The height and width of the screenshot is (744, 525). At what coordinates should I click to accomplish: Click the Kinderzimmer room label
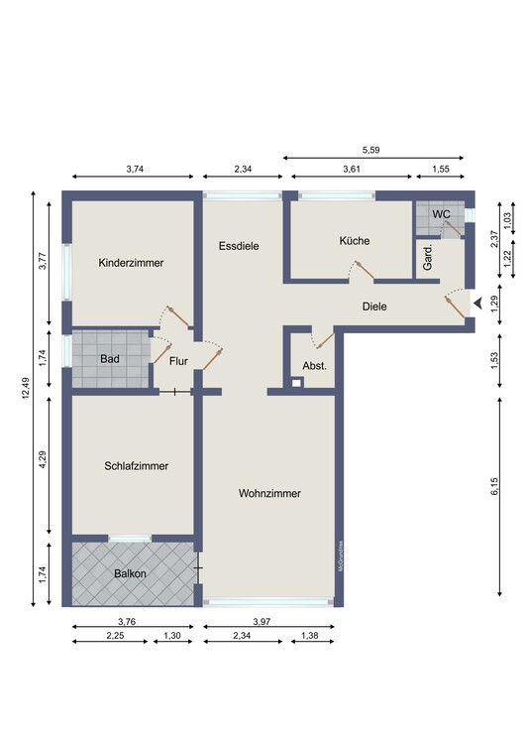pos(131,263)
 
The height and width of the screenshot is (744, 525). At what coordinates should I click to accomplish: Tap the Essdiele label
pos(239,246)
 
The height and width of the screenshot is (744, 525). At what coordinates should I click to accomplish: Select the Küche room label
pos(355,241)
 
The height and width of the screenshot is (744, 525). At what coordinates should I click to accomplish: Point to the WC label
pos(441,214)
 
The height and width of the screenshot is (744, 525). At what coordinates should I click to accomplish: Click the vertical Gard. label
pos(427,258)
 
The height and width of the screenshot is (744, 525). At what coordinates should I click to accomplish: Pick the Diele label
pos(374,307)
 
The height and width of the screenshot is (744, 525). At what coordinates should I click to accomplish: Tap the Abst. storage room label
pos(315,366)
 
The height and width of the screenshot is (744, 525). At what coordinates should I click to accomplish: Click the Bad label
pos(109,359)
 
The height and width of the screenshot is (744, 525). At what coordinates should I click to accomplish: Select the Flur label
pos(178,361)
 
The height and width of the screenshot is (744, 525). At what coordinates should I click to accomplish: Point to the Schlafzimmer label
pos(137,466)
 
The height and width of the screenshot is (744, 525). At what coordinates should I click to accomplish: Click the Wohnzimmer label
pos(269,493)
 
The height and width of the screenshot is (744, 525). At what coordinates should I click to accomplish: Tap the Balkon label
pos(130,573)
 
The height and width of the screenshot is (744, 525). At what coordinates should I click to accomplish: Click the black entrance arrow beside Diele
pos(477,303)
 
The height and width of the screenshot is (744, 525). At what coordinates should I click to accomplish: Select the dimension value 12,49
pos(26,388)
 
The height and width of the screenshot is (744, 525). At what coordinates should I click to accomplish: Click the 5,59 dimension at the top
pos(371,150)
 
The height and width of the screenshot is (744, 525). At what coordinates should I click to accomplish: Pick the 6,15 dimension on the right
pos(494,486)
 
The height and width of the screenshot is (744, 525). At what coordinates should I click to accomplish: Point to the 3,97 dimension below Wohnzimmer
pos(262,622)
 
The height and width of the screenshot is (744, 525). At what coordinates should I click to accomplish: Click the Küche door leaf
pos(365,270)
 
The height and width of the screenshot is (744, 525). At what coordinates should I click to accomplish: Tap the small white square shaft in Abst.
pos(296,382)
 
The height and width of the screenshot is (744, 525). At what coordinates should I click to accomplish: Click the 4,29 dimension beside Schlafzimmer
pos(43,459)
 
